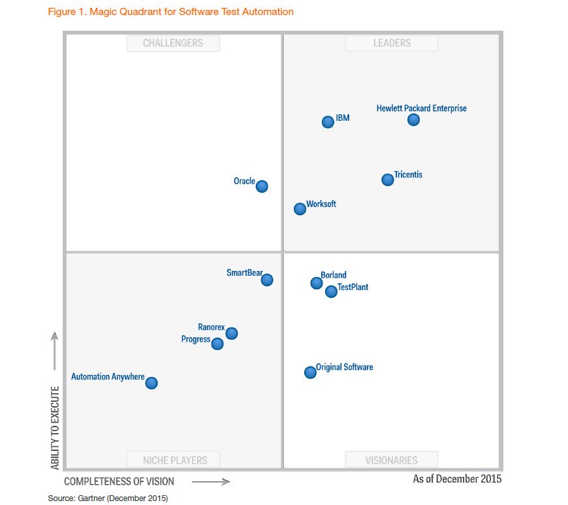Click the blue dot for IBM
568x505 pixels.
pos(328,122)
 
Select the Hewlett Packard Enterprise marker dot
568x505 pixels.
pos(413,120)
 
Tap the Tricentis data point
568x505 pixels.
pos(388,180)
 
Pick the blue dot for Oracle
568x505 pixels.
pos(262,186)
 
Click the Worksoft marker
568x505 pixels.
pos(300,209)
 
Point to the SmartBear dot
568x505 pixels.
pos(267,280)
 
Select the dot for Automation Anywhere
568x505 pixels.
pos(151,383)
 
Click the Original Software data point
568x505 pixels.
pos(311,372)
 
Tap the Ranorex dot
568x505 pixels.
pos(232,333)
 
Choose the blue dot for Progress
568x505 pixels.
pos(217,344)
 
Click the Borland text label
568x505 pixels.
pos(334,275)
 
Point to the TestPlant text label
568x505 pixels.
pos(353,287)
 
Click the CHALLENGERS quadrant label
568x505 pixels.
pos(173,43)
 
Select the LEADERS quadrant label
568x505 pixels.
pos(392,43)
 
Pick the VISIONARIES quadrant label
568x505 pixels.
pos(392,460)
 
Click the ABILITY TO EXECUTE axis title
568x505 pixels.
pos(55,428)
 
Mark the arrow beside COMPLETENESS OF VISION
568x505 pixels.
pos(211,482)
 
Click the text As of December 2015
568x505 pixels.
pos(457,479)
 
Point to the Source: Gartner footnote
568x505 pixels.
pos(108,498)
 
